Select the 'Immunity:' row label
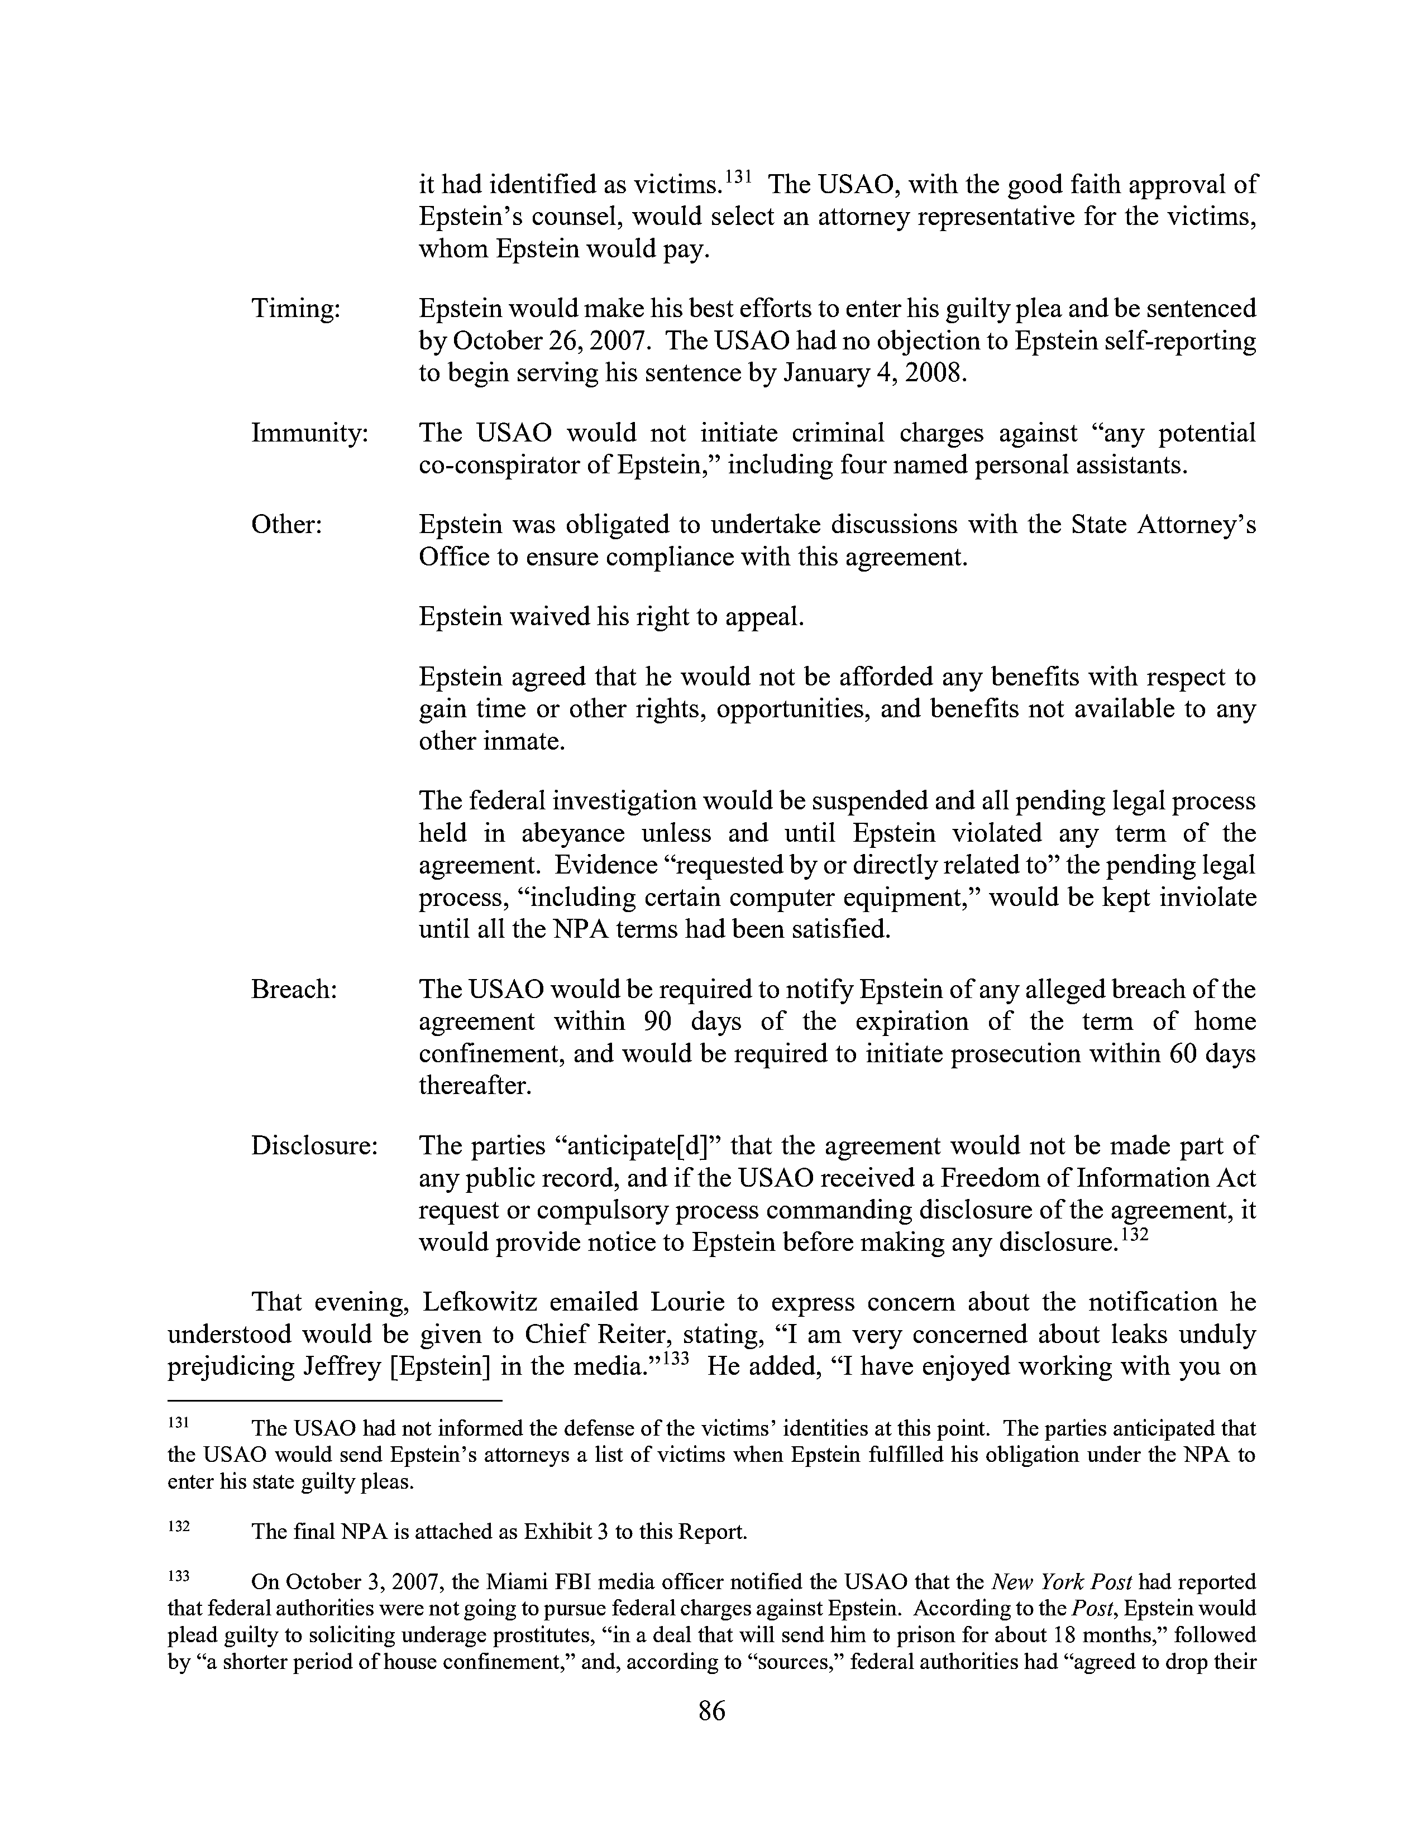point(309,434)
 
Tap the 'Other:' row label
point(287,525)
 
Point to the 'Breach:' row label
point(294,989)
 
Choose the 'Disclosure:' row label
point(314,1146)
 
